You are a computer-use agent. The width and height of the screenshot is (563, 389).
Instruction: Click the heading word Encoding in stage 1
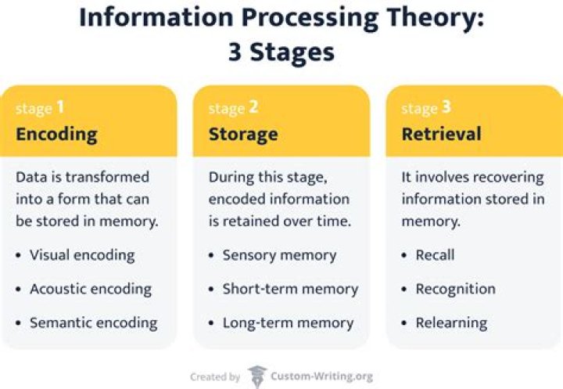(x=56, y=134)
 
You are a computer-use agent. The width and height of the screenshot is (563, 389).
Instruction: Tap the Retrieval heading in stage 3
(x=440, y=134)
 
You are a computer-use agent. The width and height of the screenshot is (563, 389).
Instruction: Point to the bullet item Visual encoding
(x=82, y=254)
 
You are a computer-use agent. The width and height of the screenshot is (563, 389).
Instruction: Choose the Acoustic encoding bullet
(x=90, y=289)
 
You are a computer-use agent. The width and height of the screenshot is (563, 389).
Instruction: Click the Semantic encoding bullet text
(x=93, y=322)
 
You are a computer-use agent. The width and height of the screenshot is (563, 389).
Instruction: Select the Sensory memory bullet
(x=279, y=254)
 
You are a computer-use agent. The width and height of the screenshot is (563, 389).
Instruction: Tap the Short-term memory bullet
(x=290, y=289)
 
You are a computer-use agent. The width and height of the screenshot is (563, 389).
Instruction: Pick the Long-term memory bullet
(x=288, y=322)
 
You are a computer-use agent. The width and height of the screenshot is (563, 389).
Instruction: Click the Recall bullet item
(x=435, y=254)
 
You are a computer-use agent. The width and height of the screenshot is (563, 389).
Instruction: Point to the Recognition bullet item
(x=455, y=289)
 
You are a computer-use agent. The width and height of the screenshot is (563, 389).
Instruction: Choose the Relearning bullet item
(x=451, y=322)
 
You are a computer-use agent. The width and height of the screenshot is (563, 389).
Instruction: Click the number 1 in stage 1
(x=60, y=107)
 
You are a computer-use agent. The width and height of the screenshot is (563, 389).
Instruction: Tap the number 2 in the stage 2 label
(x=253, y=107)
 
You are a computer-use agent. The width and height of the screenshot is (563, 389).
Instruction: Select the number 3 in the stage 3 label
(x=446, y=107)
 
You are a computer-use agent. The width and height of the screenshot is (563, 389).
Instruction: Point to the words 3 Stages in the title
(x=281, y=52)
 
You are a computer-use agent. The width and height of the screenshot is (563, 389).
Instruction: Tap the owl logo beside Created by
(x=257, y=376)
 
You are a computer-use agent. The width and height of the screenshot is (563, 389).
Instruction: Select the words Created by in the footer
(x=215, y=377)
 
